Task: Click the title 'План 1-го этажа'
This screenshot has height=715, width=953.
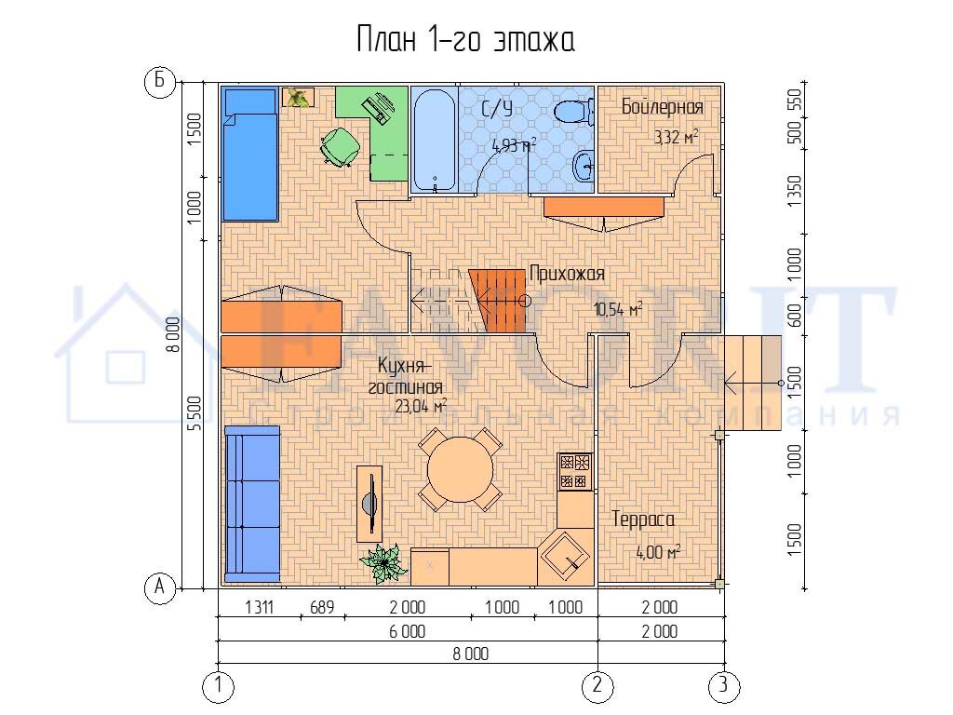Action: click(465, 41)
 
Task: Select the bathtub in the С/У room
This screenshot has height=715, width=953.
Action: click(433, 140)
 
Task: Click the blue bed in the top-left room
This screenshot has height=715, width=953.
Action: click(249, 154)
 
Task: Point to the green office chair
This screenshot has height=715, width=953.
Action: click(339, 146)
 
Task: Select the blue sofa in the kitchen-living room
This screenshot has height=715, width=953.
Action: click(251, 501)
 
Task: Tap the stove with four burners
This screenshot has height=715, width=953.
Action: click(574, 471)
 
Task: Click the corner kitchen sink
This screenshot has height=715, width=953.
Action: click(565, 556)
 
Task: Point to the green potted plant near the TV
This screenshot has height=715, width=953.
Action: click(383, 561)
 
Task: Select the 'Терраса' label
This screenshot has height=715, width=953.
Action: click(642, 519)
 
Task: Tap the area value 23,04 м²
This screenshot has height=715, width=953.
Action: click(421, 406)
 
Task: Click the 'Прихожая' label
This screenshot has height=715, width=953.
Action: click(567, 274)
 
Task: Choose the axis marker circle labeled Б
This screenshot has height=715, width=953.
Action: click(159, 82)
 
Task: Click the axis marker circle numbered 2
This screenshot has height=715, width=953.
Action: click(597, 687)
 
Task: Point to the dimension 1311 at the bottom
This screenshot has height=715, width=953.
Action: click(259, 607)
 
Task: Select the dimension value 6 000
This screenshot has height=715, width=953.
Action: click(407, 631)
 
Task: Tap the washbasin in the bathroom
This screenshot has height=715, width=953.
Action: click(584, 169)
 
